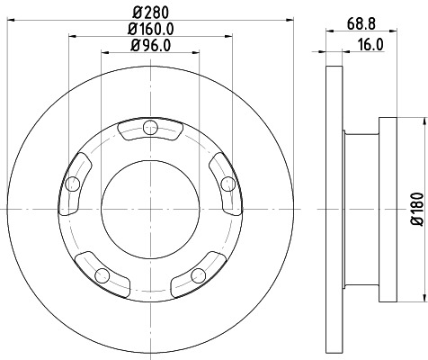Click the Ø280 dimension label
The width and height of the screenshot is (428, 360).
pyautogui.click(x=147, y=13)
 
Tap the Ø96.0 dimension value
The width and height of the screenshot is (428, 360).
pyautogui.click(x=147, y=46)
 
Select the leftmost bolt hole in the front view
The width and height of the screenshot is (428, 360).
pyautogui.click(x=72, y=184)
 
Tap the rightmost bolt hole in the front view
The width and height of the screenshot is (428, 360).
pyautogui.click(x=227, y=184)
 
